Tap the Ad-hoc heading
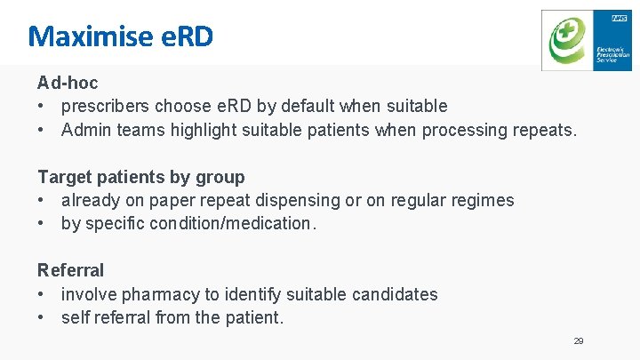tap(68, 83)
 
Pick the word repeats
tap(544, 131)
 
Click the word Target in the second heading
tap(62, 177)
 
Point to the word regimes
tap(480, 201)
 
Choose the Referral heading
tap(70, 270)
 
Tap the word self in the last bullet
tap(75, 317)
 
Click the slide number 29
tap(579, 341)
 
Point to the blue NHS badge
tap(620, 17)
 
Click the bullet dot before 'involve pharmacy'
tap(42, 294)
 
